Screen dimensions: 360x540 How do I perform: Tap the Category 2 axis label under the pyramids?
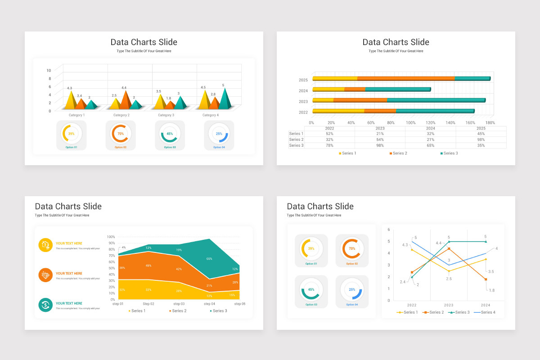coord(121,115)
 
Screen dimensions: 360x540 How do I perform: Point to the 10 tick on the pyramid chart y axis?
coord(49,70)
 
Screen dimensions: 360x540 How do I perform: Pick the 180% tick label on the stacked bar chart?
coord(490,123)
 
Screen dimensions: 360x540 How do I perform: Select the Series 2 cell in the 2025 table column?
coord(481,139)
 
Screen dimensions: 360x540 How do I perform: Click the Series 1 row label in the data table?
coord(296,134)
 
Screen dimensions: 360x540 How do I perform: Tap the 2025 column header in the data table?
coord(481,128)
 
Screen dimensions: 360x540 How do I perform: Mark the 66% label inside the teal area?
coord(209,259)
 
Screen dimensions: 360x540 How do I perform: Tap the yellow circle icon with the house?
coord(45,245)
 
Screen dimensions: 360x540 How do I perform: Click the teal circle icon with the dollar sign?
coord(45,305)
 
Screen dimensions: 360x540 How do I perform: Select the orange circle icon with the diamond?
coord(45,275)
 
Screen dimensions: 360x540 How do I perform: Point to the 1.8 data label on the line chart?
coord(491,290)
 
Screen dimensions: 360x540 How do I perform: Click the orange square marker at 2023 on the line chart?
coord(449,249)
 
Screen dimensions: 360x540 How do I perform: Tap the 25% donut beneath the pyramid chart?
coord(219,134)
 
